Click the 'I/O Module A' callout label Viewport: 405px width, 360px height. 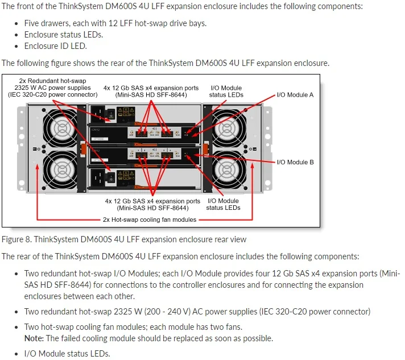pyautogui.click(x=295, y=95)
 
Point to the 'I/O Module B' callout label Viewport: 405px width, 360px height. pyautogui.click(x=295, y=162)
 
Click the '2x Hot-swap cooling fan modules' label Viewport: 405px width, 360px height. pyautogui.click(x=150, y=220)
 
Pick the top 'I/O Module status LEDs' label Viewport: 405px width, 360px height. pyautogui.click(x=226, y=92)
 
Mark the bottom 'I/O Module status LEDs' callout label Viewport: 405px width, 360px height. pyautogui.click(x=223, y=204)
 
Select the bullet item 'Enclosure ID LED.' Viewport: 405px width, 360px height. pyautogui.click(x=55, y=46)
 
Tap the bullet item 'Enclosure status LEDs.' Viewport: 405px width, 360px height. pyautogui.click(x=63, y=35)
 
